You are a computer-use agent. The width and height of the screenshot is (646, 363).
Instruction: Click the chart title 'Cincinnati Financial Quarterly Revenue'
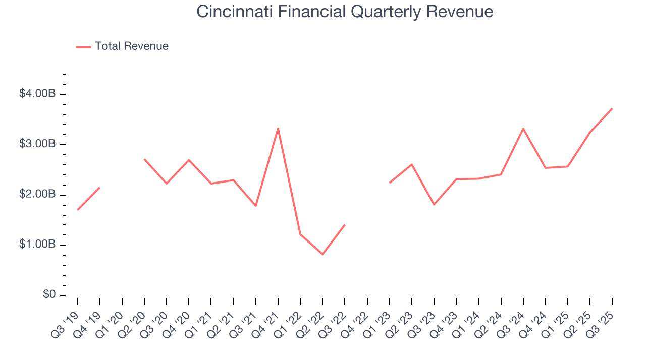point(345,12)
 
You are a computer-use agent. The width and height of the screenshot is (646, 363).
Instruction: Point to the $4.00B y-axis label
point(38,94)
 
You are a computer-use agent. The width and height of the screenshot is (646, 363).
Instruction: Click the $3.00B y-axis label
point(38,144)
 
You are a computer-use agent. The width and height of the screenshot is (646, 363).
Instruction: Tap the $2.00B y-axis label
point(38,195)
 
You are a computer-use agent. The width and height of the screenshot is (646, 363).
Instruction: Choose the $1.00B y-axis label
point(38,245)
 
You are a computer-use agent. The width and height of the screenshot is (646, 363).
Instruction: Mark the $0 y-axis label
point(49,295)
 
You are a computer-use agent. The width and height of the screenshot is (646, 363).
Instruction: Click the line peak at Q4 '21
point(278,128)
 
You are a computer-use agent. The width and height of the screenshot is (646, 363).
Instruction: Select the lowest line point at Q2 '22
point(322,254)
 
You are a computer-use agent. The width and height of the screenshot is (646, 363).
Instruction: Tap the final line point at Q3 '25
point(612,108)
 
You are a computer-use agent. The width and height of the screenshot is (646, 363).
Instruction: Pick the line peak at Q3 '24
point(523,129)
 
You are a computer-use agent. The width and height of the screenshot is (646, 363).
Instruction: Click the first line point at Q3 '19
point(77,210)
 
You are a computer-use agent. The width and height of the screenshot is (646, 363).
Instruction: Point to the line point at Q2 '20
point(144,159)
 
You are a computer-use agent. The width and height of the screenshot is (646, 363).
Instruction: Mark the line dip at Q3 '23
point(434,204)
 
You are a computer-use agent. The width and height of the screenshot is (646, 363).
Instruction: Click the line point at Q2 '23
point(411,164)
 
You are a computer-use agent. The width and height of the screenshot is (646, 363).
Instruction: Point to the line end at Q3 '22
point(345,225)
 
